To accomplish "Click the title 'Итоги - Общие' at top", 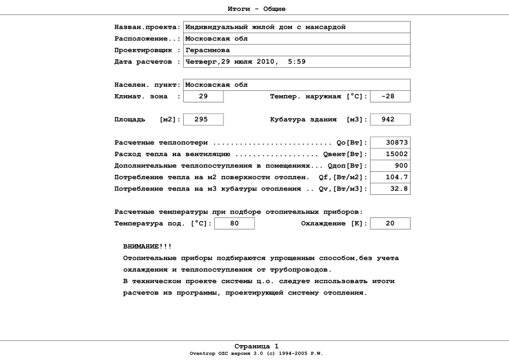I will [257, 9].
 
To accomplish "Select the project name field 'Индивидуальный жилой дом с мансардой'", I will [265, 27].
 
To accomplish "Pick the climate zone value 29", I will [203, 96].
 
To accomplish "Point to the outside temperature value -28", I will [388, 96].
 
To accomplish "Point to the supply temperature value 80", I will [234, 223].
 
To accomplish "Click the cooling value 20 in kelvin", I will [390, 223].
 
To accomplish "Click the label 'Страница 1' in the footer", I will [256, 347].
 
